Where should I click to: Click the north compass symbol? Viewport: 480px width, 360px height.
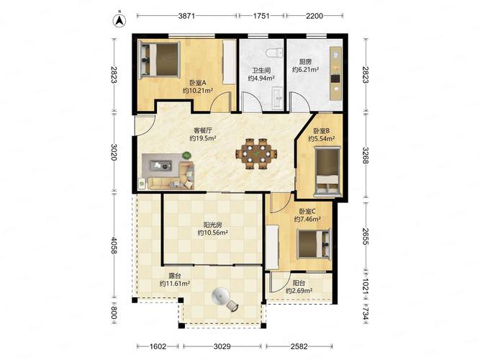[119, 19]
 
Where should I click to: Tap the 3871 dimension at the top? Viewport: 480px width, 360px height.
[186, 16]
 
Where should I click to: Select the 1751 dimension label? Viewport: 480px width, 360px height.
[261, 16]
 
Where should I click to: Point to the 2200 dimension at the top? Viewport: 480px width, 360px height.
[314, 16]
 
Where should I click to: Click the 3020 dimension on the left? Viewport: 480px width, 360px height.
[114, 152]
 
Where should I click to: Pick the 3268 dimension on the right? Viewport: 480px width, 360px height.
[366, 156]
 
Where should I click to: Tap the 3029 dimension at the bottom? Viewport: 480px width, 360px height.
[222, 346]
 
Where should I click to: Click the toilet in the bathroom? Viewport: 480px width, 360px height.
[274, 53]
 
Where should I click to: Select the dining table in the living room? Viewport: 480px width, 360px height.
[256, 153]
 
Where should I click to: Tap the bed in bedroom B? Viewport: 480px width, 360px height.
[327, 172]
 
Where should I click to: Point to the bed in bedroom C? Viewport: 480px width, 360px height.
[314, 243]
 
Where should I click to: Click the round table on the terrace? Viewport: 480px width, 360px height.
[221, 296]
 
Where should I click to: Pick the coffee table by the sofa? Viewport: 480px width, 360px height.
[160, 166]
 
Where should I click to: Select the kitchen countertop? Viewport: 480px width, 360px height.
[335, 73]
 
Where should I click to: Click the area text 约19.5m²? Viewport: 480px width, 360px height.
[203, 138]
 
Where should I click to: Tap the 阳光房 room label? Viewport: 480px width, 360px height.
[213, 225]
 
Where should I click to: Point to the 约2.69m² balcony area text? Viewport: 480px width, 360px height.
[299, 291]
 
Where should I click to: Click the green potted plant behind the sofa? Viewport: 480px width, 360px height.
[186, 156]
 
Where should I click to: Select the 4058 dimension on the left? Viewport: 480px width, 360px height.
[114, 246]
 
